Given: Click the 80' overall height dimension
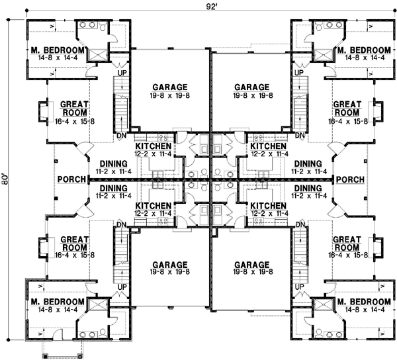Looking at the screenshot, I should pos(5,179).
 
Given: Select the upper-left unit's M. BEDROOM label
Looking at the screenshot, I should pos(57,51).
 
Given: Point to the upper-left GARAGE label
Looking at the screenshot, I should pos(170,87).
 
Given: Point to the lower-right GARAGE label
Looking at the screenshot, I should pos(251,263).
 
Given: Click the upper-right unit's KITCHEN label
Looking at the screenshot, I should pos(268,146).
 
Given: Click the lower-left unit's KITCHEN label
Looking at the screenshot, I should pos(154,206).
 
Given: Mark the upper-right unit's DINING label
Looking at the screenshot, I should pos(308,163).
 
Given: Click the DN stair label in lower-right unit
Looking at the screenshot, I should pos(299,224).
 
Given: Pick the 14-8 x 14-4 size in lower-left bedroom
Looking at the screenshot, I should pos(57,309).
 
